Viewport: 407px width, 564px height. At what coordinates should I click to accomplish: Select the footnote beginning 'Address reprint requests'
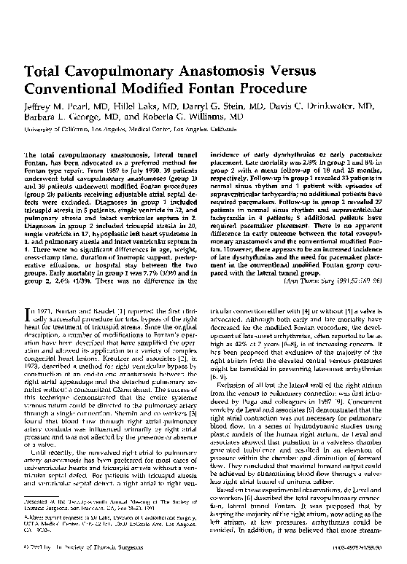109,528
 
